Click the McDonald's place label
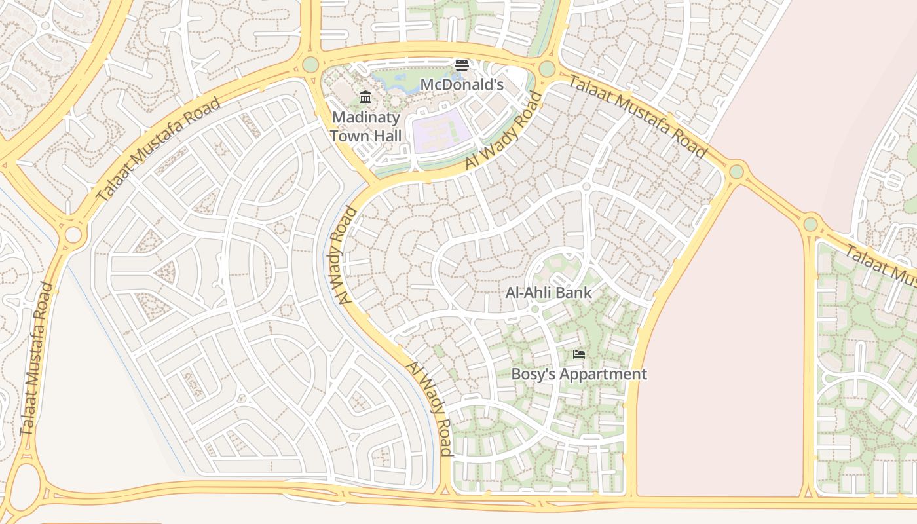pyautogui.click(x=461, y=84)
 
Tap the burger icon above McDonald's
pyautogui.click(x=462, y=65)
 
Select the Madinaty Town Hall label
pyautogui.click(x=365, y=126)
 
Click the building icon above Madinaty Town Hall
pyautogui.click(x=365, y=98)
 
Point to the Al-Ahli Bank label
pyautogui.click(x=548, y=293)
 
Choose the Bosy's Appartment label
pyautogui.click(x=578, y=374)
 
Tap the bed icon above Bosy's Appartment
pyautogui.click(x=578, y=354)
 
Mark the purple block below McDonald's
pyautogui.click(x=440, y=130)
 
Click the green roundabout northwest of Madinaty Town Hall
pyautogui.click(x=310, y=64)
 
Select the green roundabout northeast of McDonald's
pyautogui.click(x=547, y=68)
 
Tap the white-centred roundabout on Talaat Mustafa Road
pyautogui.click(x=73, y=234)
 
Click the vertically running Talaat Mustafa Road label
pyautogui.click(x=37, y=359)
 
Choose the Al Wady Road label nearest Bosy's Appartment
pyautogui.click(x=429, y=407)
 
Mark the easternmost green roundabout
pyautogui.click(x=811, y=224)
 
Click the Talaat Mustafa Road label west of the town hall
pyautogui.click(x=158, y=149)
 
